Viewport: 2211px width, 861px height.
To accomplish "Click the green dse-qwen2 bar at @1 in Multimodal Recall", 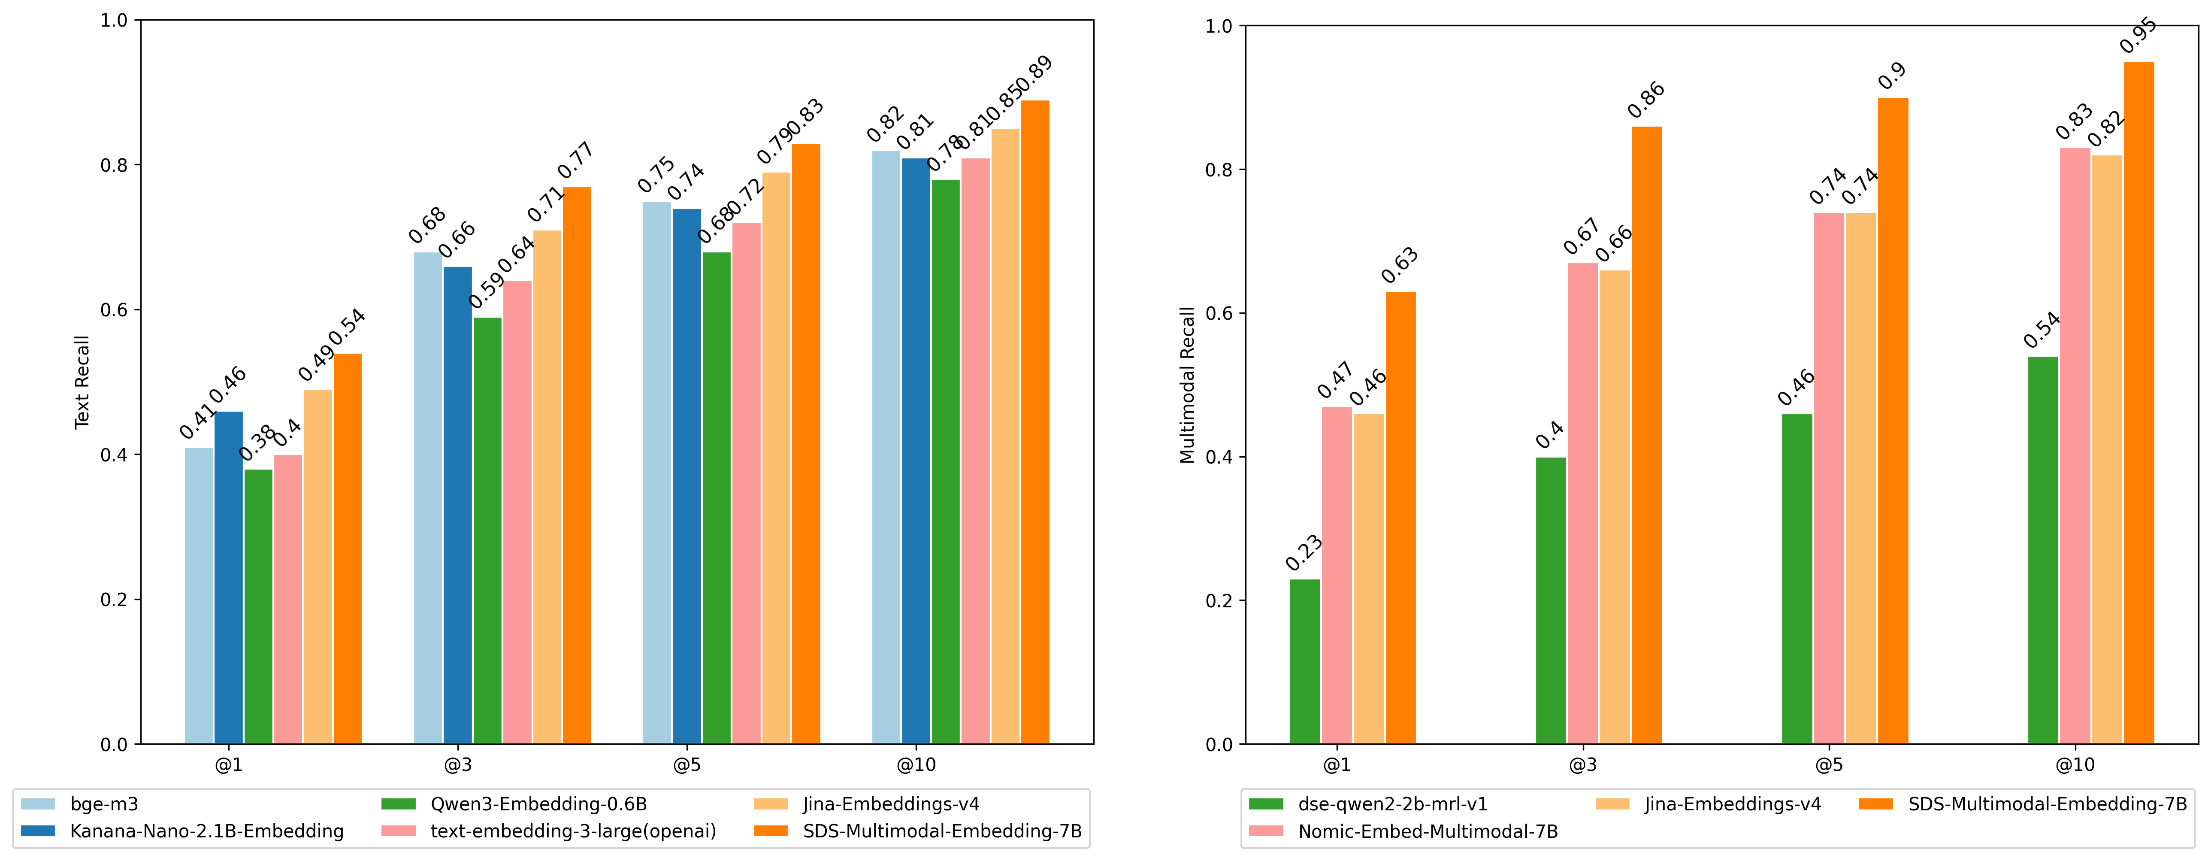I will pyautogui.click(x=1305, y=661).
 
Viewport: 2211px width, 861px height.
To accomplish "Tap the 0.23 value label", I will pyautogui.click(x=1304, y=554).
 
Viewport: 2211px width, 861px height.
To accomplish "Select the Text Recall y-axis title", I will pyautogui.click(x=82, y=382).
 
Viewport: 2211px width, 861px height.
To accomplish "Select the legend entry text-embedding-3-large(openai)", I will pyautogui.click(x=572, y=831).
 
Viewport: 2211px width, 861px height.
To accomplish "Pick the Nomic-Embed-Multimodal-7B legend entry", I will pyautogui.click(x=1428, y=831).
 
